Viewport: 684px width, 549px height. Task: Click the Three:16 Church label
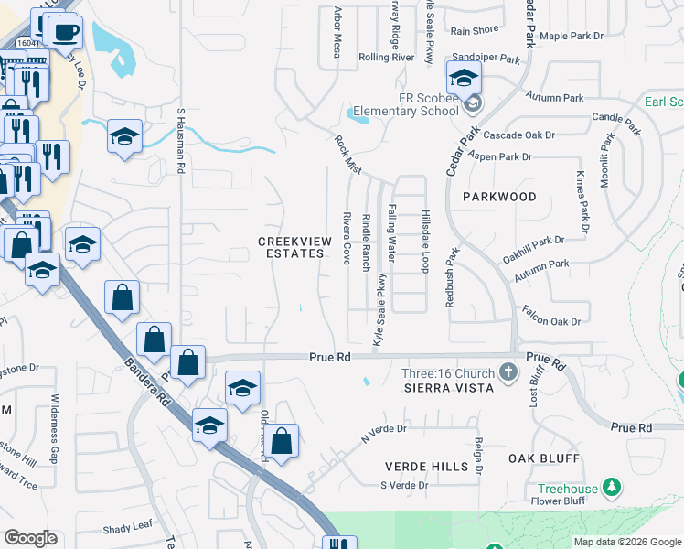(448, 373)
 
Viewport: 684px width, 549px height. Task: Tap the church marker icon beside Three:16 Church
(509, 373)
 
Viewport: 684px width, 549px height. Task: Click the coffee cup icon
(65, 34)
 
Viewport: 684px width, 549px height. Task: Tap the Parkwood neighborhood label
(499, 197)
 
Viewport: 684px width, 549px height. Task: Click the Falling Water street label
(392, 233)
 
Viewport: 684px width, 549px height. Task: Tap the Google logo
(30, 538)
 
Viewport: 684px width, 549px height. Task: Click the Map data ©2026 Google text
(625, 542)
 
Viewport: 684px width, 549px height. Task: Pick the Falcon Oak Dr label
(551, 321)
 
